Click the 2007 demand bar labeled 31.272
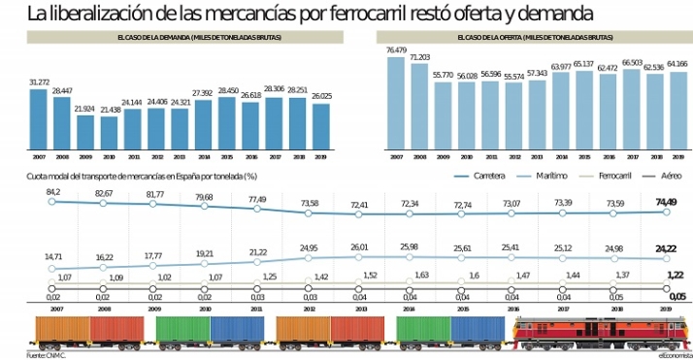(39, 118)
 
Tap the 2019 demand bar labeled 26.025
(321, 126)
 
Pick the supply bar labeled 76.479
(395, 104)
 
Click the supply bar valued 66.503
(631, 110)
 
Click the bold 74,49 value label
(666, 202)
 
